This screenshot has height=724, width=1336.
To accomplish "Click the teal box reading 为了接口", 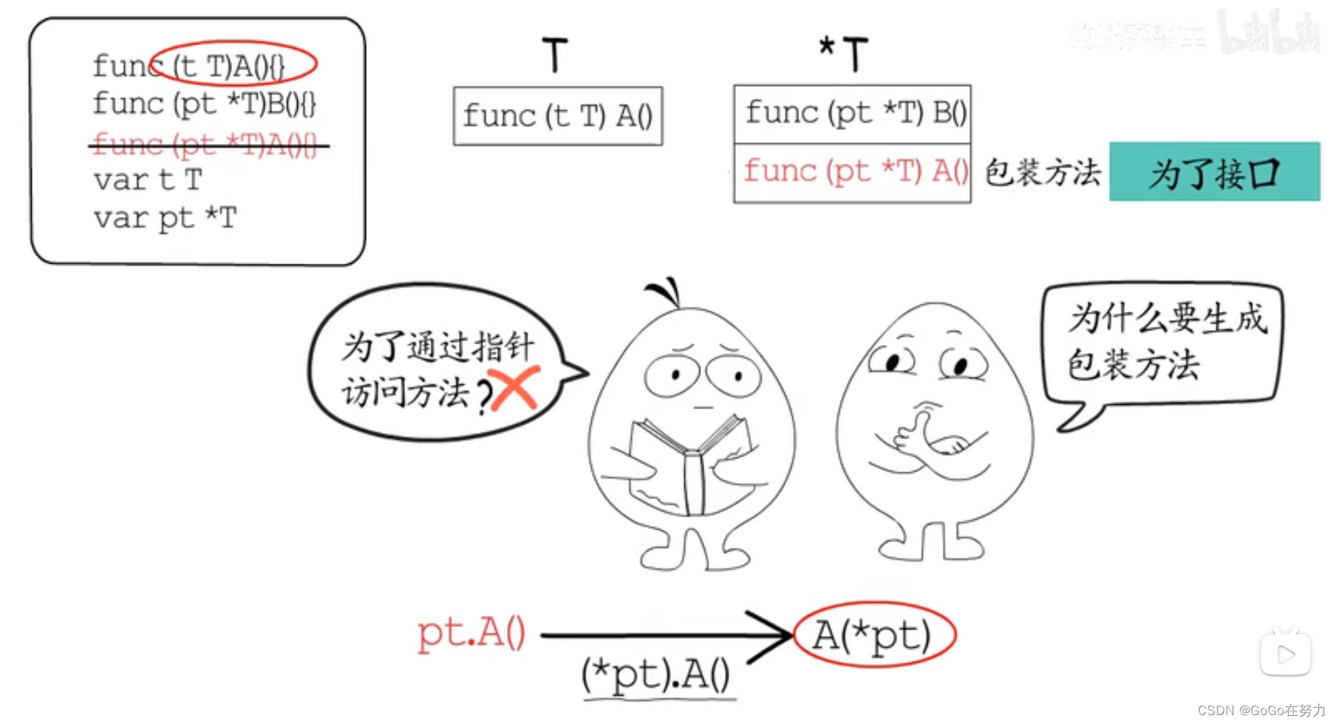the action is click(1214, 172).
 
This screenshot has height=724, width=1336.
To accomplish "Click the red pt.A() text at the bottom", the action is click(471, 633).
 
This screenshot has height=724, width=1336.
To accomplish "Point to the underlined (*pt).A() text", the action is click(656, 675).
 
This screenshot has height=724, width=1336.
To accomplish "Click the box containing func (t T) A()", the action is click(558, 116).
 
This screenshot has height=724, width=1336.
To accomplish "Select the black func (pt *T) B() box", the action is click(852, 114).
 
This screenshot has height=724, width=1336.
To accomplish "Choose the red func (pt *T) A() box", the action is click(852, 172).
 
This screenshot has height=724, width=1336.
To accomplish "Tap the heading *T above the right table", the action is click(844, 53).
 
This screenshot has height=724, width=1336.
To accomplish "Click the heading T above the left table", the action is click(555, 55).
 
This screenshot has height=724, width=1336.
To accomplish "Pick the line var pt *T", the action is click(166, 219).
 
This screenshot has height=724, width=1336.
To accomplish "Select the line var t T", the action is click(148, 180).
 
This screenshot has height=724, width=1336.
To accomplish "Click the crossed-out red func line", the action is click(205, 145).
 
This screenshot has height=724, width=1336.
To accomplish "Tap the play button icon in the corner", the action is click(1285, 654).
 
